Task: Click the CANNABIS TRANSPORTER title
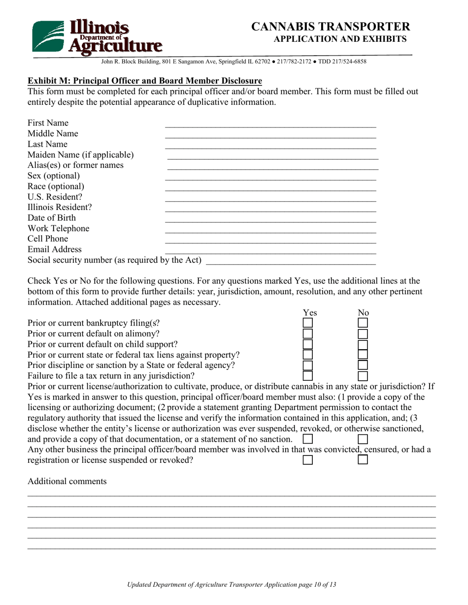(330, 27)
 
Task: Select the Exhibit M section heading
(144, 81)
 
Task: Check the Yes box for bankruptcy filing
(307, 323)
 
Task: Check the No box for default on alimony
(363, 334)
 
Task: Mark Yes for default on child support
(307, 344)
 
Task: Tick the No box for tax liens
(363, 355)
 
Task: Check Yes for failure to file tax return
(307, 376)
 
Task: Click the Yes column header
(309, 312)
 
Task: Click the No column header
(363, 312)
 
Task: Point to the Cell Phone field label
(48, 239)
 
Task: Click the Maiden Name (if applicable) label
(80, 155)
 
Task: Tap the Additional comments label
(67, 481)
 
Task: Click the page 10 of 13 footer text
(232, 585)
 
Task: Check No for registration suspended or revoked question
(363, 460)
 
